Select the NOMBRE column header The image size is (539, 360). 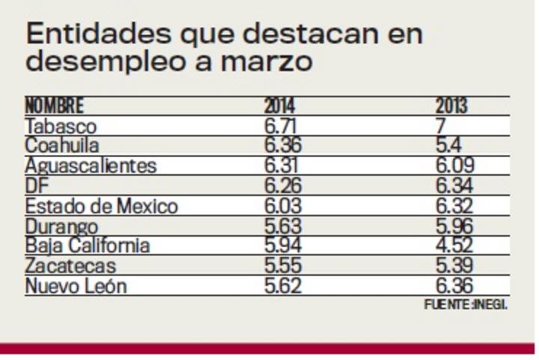coord(55,106)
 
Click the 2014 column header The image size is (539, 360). coord(279,106)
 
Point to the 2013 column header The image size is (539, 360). coord(451,106)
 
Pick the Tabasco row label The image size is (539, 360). coord(61,126)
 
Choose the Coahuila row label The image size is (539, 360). coord(62,145)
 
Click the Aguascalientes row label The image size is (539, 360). coord(91,165)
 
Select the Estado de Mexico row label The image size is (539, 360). coord(101,205)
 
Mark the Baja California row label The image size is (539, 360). coord(87,245)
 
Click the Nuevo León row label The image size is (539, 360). coord(76,285)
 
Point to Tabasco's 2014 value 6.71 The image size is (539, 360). coord(281,126)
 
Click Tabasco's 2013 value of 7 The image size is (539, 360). coord(442,126)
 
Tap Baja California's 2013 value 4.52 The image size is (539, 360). coord(454,245)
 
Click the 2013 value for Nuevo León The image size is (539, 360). coord(454,285)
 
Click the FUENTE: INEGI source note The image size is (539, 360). coord(466,305)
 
